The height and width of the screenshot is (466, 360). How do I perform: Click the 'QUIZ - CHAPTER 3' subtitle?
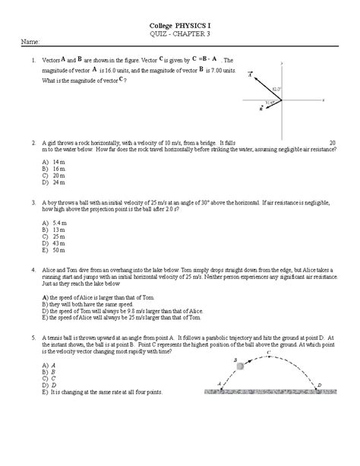(180, 34)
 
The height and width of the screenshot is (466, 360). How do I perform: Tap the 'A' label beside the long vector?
(248, 74)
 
